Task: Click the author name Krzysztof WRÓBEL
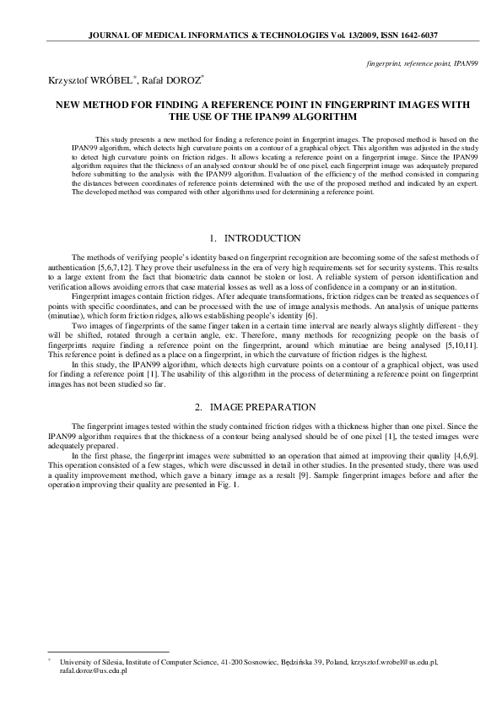pos(73,80)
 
